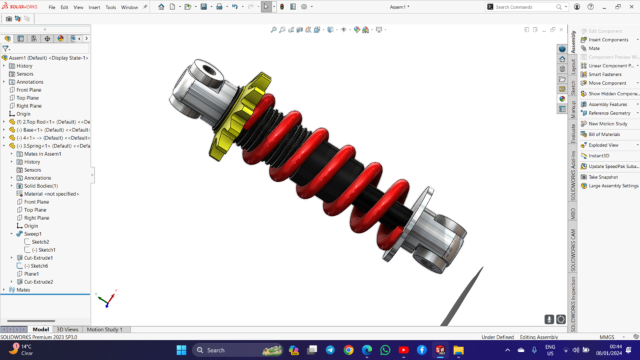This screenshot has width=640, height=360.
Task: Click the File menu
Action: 52,7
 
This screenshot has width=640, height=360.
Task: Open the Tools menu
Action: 111,7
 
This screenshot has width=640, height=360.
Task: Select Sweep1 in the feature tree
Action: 33,234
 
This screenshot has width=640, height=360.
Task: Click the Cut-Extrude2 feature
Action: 38,282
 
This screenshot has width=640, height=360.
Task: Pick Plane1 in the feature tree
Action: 31,274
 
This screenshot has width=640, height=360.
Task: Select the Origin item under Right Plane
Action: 23,114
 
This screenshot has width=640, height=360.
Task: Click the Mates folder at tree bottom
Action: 23,290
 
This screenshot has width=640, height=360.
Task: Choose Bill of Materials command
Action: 604,135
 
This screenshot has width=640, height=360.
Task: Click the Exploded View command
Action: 603,145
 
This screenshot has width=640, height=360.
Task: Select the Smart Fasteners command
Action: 605,75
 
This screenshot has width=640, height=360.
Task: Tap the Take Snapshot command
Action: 603,177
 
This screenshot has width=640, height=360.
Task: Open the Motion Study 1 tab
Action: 105,329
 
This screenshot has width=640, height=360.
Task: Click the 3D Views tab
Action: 67,329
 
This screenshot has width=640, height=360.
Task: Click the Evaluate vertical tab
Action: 573,133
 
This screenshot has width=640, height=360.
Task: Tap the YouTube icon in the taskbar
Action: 403,350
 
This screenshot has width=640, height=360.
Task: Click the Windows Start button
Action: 181,350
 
